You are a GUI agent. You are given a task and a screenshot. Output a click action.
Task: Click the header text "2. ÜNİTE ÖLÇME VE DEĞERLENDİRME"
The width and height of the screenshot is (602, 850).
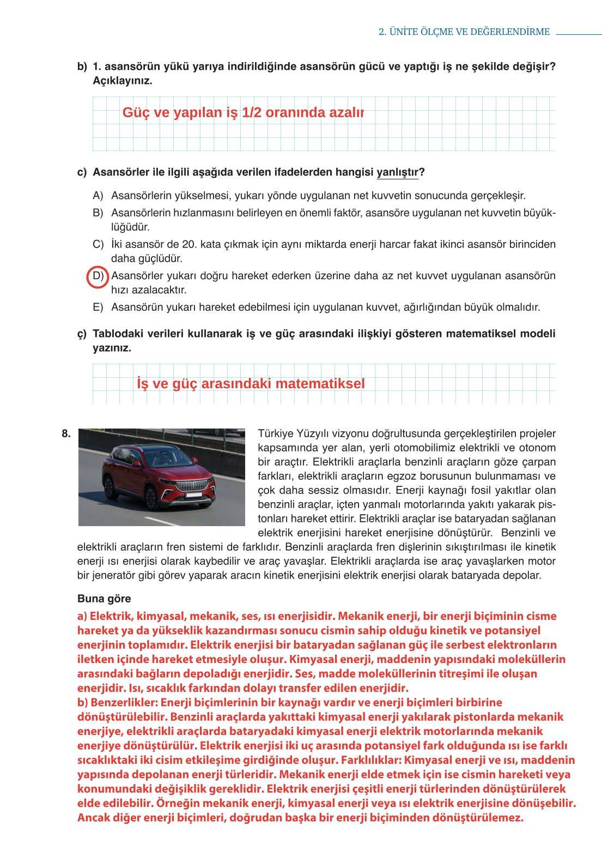coord(464,32)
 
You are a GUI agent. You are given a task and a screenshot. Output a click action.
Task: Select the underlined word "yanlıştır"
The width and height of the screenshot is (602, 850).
coord(397,172)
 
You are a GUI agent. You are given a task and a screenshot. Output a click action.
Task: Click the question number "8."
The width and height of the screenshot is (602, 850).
coord(66,434)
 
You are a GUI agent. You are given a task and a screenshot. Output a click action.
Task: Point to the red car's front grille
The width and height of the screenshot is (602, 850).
coord(192,485)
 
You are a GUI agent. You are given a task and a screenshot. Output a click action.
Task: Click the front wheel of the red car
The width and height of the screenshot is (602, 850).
coord(151,498)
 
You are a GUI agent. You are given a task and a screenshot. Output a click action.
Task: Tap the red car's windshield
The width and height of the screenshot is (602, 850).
coord(168,458)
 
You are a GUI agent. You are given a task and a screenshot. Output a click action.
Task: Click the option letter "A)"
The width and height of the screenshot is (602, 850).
coord(98,196)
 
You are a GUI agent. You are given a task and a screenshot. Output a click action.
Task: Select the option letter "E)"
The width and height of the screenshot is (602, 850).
coord(98,308)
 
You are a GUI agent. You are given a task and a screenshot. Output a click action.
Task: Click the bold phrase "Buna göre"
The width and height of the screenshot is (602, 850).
coord(104,599)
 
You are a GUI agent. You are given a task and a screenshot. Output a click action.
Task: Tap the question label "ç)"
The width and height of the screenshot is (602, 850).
coord(82,334)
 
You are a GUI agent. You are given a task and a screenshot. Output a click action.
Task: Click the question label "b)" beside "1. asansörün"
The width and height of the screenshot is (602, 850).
coord(82,67)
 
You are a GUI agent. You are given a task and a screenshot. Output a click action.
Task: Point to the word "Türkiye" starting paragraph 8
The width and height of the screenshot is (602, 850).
coord(275,434)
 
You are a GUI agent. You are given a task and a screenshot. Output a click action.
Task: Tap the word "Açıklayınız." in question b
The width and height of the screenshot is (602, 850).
coord(123,81)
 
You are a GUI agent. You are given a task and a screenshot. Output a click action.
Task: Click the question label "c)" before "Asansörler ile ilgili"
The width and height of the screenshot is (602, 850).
coord(82,172)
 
